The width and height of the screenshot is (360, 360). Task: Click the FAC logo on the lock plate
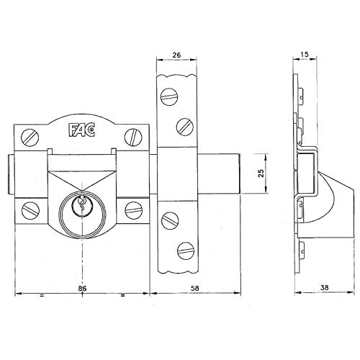(x=82, y=130)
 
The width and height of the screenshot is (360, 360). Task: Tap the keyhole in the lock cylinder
(x=82, y=204)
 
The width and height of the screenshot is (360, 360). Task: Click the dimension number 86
(x=82, y=288)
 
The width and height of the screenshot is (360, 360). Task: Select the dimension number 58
(x=194, y=288)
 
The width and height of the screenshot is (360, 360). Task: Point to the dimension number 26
(x=176, y=55)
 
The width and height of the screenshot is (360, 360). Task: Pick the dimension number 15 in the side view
(x=305, y=55)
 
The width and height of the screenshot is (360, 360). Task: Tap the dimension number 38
(x=324, y=287)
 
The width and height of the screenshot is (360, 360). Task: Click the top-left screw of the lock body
(x=30, y=138)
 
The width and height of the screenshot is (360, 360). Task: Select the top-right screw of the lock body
(x=133, y=137)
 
